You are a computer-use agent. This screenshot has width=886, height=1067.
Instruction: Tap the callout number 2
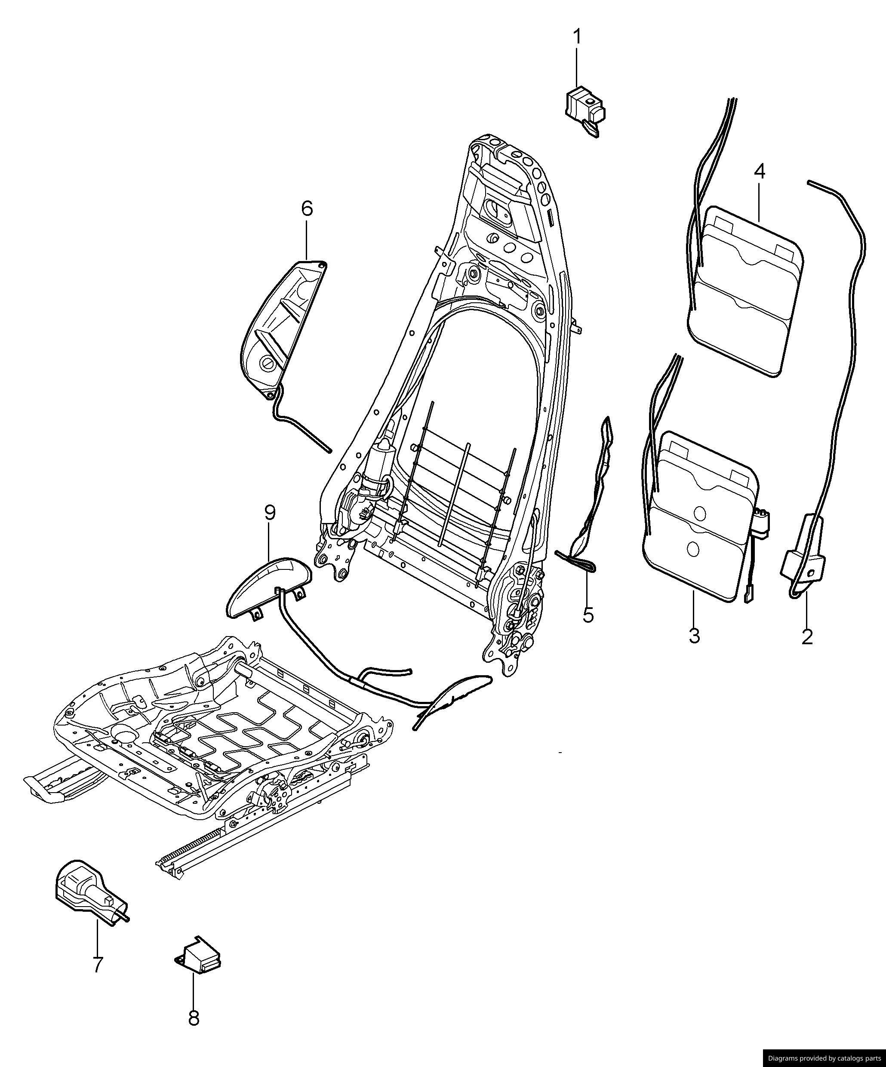[807, 636]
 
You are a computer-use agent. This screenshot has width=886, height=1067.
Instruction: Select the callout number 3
[694, 635]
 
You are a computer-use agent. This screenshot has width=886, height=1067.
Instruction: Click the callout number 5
[588, 615]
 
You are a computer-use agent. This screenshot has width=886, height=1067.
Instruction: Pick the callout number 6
[308, 208]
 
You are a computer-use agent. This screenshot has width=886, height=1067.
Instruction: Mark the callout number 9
[270, 513]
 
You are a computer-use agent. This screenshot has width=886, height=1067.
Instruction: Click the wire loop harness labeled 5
[594, 508]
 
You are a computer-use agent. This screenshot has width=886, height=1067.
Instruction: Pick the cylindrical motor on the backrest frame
[378, 465]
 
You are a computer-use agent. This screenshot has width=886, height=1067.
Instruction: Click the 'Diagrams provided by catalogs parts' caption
[824, 1059]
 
